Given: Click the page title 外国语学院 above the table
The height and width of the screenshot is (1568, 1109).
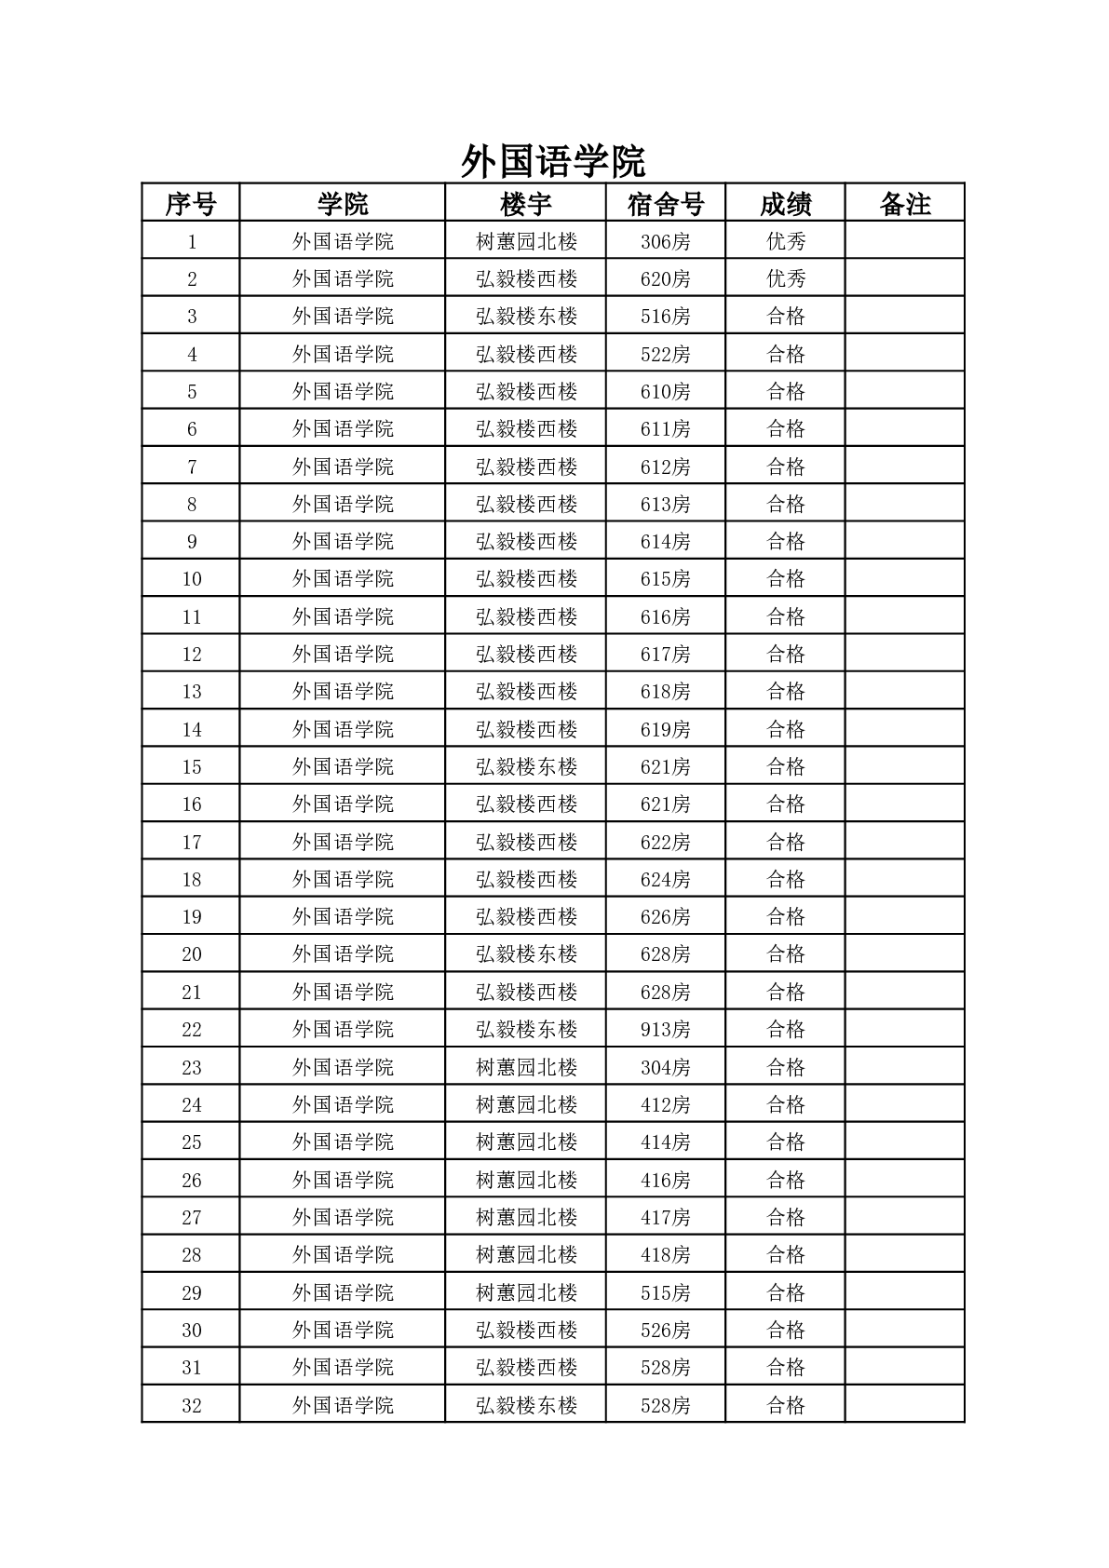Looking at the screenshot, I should click(x=553, y=162).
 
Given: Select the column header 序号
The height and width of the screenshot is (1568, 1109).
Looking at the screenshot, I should click(x=191, y=204).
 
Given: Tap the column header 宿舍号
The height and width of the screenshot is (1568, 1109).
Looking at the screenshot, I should click(x=665, y=204).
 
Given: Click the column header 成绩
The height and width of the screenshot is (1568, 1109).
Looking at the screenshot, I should click(x=785, y=204).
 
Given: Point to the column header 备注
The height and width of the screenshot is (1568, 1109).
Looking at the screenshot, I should click(x=904, y=204).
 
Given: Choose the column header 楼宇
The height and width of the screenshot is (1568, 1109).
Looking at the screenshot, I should click(x=525, y=204).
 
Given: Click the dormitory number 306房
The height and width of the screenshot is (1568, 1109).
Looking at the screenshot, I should click(x=665, y=242).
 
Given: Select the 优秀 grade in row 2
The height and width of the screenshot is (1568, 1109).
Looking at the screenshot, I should click(x=785, y=279).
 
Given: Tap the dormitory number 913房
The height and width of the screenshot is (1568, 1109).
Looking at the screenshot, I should click(x=665, y=1030).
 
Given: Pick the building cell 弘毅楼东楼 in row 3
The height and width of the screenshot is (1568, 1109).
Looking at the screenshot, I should click(x=526, y=317).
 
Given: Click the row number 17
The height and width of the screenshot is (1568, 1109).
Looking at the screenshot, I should click(x=191, y=843).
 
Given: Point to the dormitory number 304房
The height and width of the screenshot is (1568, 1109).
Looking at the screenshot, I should click(x=665, y=1068).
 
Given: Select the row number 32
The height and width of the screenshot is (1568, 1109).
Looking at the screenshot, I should click(x=191, y=1405).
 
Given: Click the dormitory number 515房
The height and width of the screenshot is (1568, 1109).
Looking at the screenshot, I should click(x=665, y=1292).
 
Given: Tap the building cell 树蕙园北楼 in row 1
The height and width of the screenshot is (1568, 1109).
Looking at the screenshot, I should click(x=526, y=242).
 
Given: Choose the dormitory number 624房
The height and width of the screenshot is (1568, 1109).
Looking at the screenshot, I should click(x=665, y=880).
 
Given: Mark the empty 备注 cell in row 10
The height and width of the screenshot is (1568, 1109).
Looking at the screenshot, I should click(x=904, y=579).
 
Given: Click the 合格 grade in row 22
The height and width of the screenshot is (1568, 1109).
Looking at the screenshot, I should click(x=785, y=1030).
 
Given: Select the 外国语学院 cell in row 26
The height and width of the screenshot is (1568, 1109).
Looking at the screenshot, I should click(x=343, y=1181).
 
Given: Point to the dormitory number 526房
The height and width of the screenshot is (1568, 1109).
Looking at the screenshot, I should click(x=665, y=1331).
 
